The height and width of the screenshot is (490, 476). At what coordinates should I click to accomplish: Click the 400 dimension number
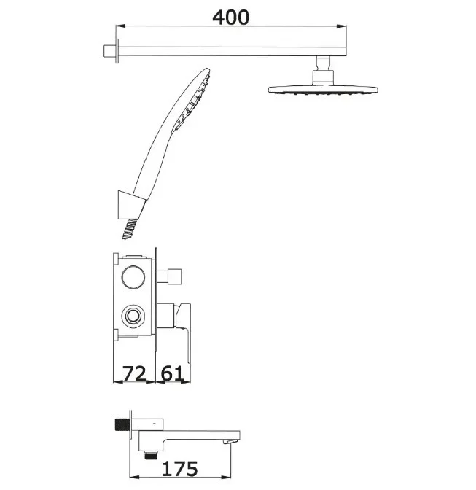click(231, 17)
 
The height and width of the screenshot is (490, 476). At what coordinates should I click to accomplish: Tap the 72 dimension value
click(134, 373)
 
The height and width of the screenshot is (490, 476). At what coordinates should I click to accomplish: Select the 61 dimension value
click(171, 373)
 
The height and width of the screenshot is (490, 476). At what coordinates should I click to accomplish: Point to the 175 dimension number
click(180, 469)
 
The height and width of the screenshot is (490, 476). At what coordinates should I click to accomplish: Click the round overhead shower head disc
click(323, 90)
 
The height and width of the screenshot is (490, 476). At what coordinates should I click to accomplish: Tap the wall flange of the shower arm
click(117, 51)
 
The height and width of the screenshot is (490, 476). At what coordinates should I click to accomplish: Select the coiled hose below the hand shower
click(129, 229)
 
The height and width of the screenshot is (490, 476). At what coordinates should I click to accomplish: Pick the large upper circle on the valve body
click(133, 277)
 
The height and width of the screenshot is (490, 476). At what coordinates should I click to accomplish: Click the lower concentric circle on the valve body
click(133, 315)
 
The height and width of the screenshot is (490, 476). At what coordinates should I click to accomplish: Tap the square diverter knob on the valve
click(174, 276)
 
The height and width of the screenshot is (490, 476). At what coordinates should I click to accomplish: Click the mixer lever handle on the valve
click(184, 331)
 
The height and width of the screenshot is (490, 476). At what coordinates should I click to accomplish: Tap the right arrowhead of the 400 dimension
click(342, 26)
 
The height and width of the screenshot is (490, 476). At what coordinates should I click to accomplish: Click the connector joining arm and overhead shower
click(323, 69)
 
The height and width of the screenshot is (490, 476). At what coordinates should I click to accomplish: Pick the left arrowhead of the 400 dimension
click(120, 26)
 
